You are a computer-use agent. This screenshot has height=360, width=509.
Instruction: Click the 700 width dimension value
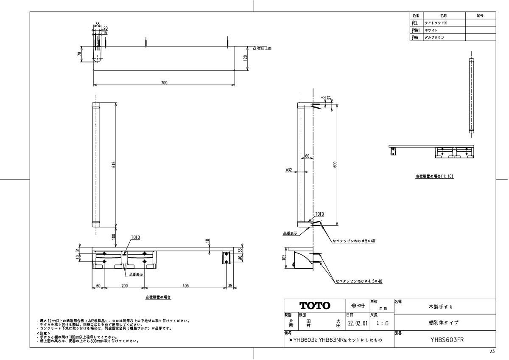pos(164,82)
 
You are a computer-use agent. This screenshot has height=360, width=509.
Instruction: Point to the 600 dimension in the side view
pos(334,165)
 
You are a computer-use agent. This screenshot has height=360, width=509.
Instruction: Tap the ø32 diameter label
pos(288,170)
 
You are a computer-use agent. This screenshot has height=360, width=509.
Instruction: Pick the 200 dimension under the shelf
pos(124,286)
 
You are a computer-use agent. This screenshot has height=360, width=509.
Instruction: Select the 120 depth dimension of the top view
pos(245,58)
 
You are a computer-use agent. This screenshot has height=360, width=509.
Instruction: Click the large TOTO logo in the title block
pos(315,306)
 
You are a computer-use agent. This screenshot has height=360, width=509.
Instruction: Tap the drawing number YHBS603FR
pos(445,339)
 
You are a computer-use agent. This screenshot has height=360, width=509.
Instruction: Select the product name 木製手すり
pos(444,306)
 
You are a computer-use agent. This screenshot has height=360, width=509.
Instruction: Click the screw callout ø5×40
pos(354,241)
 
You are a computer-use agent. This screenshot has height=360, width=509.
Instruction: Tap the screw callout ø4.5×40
pos(359,281)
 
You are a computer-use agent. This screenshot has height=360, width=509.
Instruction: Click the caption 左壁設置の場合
pos(158,298)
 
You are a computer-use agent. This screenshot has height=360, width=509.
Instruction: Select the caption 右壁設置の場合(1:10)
pos(434,175)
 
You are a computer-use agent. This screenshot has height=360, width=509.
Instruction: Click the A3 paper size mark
pos(492,352)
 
